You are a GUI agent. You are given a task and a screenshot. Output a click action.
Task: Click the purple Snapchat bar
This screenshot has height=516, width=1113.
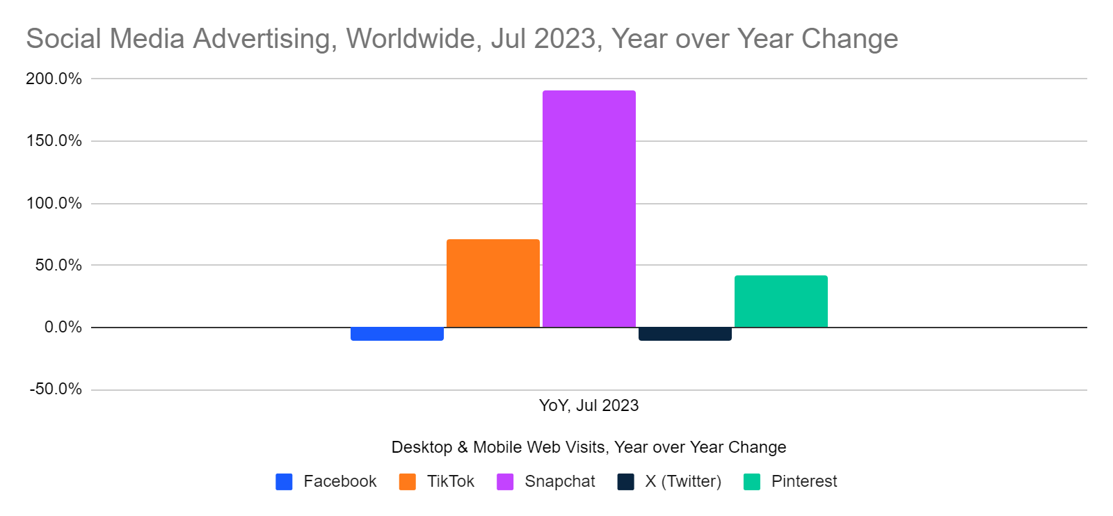click(x=588, y=209)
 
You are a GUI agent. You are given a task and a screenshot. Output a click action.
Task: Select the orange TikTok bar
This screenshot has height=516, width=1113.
click(x=493, y=283)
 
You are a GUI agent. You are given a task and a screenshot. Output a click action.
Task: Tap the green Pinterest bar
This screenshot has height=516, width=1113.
click(x=780, y=301)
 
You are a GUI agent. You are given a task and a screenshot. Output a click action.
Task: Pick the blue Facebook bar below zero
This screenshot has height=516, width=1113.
click(x=397, y=334)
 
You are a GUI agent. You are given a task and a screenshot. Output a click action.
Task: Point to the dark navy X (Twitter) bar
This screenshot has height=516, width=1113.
click(x=684, y=334)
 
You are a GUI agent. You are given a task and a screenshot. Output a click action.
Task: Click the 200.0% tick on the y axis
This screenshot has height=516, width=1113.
click(x=54, y=79)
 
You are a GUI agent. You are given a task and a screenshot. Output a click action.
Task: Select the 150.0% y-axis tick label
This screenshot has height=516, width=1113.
click(x=54, y=141)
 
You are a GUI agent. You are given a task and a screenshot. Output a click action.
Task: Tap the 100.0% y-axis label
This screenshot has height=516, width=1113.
click(x=54, y=203)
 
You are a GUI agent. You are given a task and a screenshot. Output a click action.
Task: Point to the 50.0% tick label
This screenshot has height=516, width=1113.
click(x=58, y=265)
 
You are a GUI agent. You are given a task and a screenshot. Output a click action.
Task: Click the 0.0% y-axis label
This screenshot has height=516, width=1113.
click(x=63, y=327)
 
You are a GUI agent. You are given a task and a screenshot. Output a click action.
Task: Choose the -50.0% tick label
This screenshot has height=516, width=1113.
click(x=56, y=389)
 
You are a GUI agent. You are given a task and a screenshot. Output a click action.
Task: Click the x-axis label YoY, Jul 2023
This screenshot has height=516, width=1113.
click(x=588, y=405)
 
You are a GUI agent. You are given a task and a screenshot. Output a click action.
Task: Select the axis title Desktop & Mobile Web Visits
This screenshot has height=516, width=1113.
click(x=588, y=447)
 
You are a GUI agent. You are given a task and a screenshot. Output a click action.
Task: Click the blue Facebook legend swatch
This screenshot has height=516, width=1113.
click(x=284, y=481)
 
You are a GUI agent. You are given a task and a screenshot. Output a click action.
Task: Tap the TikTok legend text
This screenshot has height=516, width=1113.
click(x=450, y=481)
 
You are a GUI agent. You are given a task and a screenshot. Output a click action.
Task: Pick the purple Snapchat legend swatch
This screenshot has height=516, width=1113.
click(x=505, y=481)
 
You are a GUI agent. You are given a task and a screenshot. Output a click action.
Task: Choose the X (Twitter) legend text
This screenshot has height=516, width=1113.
click(x=682, y=481)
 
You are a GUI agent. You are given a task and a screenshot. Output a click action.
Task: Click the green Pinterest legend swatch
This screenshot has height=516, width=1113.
click(x=752, y=481)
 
